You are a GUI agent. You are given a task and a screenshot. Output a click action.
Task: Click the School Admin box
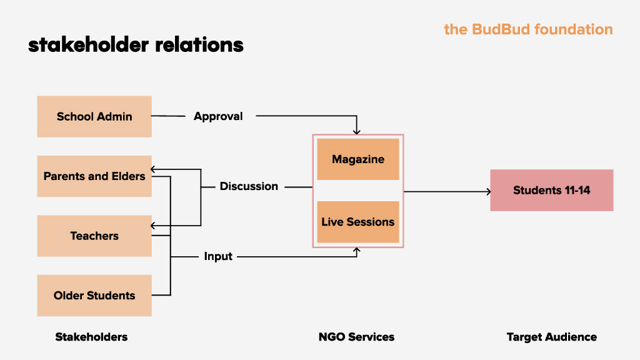click(94, 116)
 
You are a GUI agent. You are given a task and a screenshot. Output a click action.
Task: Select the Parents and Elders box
click(94, 176)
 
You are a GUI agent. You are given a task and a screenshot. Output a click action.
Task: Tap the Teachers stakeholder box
click(94, 236)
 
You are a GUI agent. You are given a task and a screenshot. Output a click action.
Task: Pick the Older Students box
click(94, 296)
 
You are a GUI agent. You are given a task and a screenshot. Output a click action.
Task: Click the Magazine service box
click(358, 159)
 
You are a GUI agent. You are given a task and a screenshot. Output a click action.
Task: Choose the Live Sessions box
click(358, 222)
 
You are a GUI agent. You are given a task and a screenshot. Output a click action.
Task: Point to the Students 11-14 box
click(551, 190)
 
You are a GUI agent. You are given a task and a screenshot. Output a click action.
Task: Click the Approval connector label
click(218, 116)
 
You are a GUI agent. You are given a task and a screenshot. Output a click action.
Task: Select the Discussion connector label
click(249, 186)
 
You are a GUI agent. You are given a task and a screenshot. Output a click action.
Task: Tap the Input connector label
click(218, 256)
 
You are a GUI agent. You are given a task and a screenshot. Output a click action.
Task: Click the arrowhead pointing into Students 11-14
click(488, 191)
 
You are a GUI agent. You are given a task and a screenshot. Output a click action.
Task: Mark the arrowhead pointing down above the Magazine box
click(357, 131)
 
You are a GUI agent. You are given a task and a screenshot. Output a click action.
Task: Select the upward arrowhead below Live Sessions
click(357, 251)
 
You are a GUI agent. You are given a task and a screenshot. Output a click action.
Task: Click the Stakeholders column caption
click(91, 337)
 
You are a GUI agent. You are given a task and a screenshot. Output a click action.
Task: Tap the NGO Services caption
click(356, 337)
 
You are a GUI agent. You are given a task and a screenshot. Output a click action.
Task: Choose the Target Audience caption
click(551, 337)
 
